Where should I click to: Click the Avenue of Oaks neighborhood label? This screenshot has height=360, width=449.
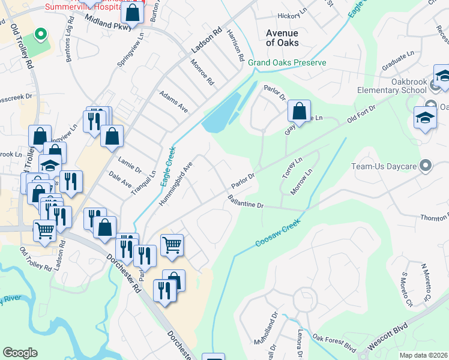(282, 37)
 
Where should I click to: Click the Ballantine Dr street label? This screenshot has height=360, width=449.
(245, 202)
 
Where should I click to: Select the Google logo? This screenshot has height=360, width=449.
(20, 353)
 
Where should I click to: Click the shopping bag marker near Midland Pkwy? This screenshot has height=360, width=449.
(132, 12)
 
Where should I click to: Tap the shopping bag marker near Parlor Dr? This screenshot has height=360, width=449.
(298, 112)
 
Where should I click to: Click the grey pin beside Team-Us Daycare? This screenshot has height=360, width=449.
(426, 165)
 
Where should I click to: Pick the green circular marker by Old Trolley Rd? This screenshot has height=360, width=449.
(40, 34)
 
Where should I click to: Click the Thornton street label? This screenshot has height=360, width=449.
(433, 218)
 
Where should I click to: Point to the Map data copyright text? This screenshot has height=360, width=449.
(423, 355)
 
